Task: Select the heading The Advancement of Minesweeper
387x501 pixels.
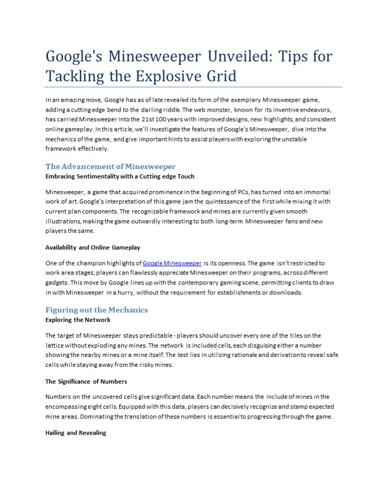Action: click(x=110, y=166)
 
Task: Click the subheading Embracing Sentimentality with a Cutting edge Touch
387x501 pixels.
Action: click(x=120, y=176)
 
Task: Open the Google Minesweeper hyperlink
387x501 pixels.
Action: click(x=172, y=263)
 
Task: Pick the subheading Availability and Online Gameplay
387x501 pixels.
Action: click(x=92, y=247)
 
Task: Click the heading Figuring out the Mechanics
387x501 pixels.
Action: click(x=97, y=310)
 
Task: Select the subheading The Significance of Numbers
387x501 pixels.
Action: click(x=86, y=381)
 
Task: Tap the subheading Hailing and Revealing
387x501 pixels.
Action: click(x=76, y=433)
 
